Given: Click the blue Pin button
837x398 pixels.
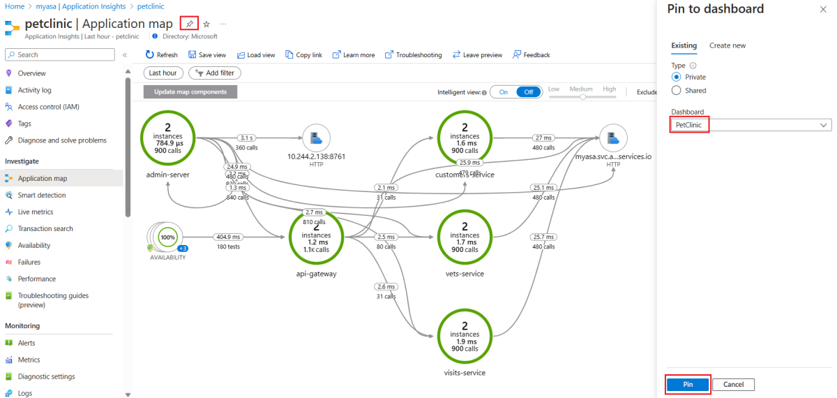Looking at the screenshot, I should pyautogui.click(x=688, y=385).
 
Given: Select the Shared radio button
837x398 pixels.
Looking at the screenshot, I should pyautogui.click(x=676, y=90).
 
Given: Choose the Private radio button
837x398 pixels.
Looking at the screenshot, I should pyautogui.click(x=676, y=77).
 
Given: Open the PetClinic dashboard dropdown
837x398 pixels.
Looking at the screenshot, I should pyautogui.click(x=751, y=125).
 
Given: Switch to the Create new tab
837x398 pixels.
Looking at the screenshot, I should pyautogui.click(x=727, y=45).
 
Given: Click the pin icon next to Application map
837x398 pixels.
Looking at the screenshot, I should pyautogui.click(x=189, y=24).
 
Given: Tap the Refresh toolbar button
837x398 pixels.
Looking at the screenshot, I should pyautogui.click(x=161, y=54).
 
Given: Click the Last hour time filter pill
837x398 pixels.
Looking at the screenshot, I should pyautogui.click(x=163, y=73).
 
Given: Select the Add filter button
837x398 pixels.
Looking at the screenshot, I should pyautogui.click(x=214, y=73).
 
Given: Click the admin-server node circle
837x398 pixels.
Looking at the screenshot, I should pyautogui.click(x=167, y=137).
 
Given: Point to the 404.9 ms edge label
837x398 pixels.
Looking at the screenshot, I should pyautogui.click(x=229, y=237).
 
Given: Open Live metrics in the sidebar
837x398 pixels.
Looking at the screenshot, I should pyautogui.click(x=36, y=212).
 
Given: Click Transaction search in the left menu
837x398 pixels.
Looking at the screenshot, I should pyautogui.click(x=45, y=228).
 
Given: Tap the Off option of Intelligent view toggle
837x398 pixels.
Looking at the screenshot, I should pyautogui.click(x=528, y=91).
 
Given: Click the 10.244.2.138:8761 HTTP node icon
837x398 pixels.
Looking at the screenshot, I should pyautogui.click(x=316, y=138).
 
